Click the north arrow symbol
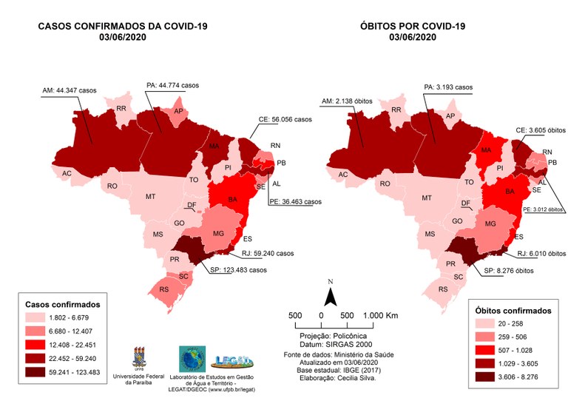[x=332, y=295]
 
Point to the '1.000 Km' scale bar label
[x=380, y=315]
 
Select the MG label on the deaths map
[x=489, y=223]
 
